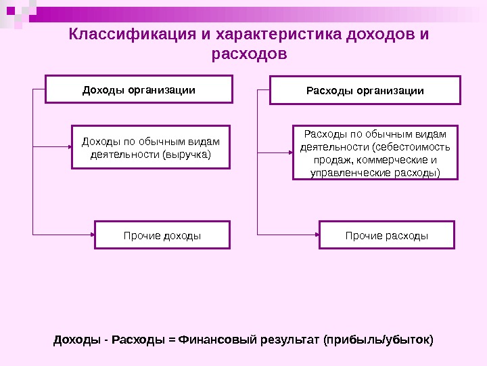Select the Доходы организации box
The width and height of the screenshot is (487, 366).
139,89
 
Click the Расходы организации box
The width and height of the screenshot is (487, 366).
365,90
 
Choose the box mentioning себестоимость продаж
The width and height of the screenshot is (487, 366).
375,152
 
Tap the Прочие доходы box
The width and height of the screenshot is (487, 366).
162,235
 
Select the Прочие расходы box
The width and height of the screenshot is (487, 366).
387,235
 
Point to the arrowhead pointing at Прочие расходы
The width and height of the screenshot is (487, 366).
315,235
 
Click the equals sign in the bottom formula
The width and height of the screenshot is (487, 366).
172,339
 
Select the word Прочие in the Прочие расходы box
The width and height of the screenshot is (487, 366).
363,235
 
